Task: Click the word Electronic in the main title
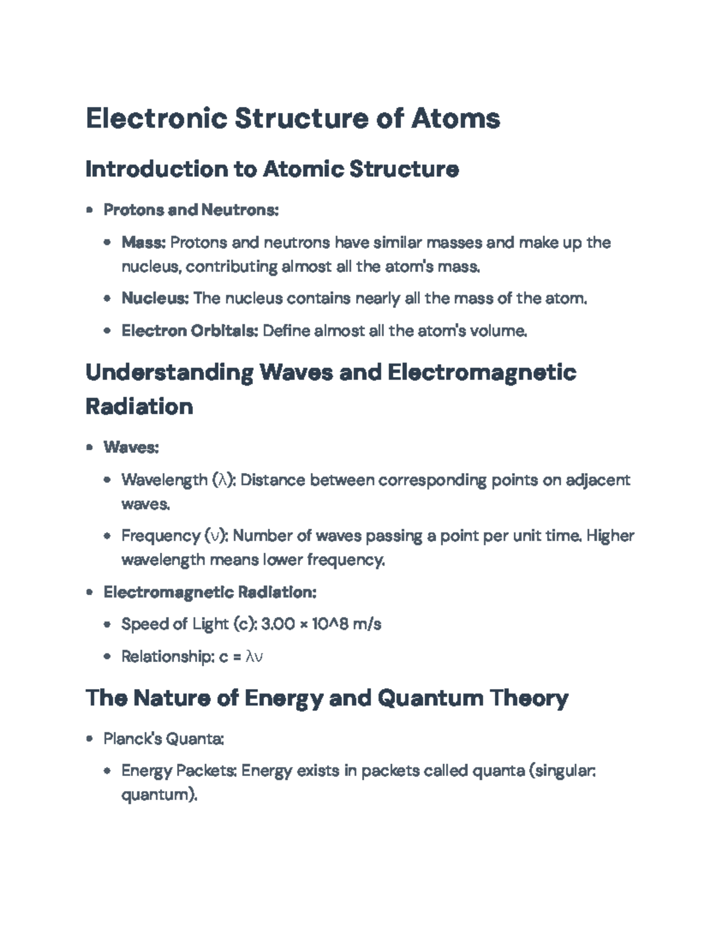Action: point(156,118)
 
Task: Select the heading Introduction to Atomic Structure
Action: point(272,169)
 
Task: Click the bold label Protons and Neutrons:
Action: point(190,210)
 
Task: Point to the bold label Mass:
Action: point(143,243)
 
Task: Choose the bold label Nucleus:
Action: point(155,298)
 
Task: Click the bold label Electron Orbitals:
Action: point(190,331)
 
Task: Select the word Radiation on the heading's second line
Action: point(139,406)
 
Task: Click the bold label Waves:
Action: point(131,448)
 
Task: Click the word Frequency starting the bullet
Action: point(161,536)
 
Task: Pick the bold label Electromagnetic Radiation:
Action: point(210,592)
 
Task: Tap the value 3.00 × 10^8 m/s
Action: point(320,624)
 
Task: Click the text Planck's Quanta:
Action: point(164,739)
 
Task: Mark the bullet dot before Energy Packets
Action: point(107,771)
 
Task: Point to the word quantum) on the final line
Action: point(159,795)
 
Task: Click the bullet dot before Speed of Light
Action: point(107,624)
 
